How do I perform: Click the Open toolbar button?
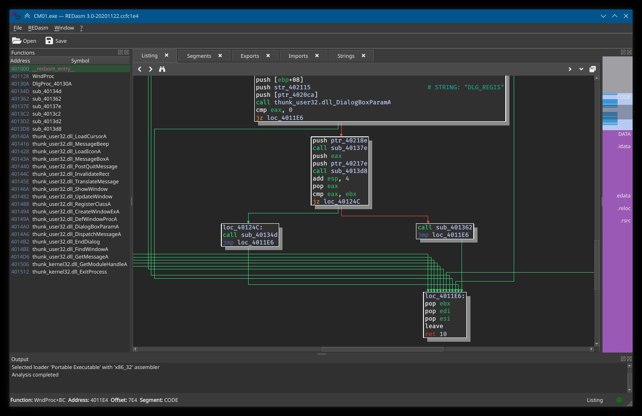(x=24, y=41)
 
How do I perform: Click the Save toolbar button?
(x=56, y=41)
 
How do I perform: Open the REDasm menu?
(x=38, y=28)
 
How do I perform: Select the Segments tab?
(x=199, y=56)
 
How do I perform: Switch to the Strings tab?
(x=345, y=56)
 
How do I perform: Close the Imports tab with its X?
(x=317, y=55)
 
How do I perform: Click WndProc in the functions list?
(x=43, y=76)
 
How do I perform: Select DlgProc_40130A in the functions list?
(x=52, y=84)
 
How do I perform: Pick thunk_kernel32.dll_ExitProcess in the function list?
(x=70, y=272)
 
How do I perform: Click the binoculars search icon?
(x=162, y=69)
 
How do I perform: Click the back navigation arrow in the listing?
(x=140, y=69)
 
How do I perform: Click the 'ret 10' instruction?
(x=436, y=334)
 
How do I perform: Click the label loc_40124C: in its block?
(x=243, y=228)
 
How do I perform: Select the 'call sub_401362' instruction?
(x=445, y=228)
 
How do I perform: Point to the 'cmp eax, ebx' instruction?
(x=335, y=194)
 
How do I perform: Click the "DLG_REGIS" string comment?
(x=465, y=87)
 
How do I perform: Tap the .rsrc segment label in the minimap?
(x=625, y=220)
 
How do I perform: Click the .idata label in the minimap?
(x=624, y=146)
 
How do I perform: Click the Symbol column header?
(x=80, y=61)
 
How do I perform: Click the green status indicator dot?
(x=619, y=400)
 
